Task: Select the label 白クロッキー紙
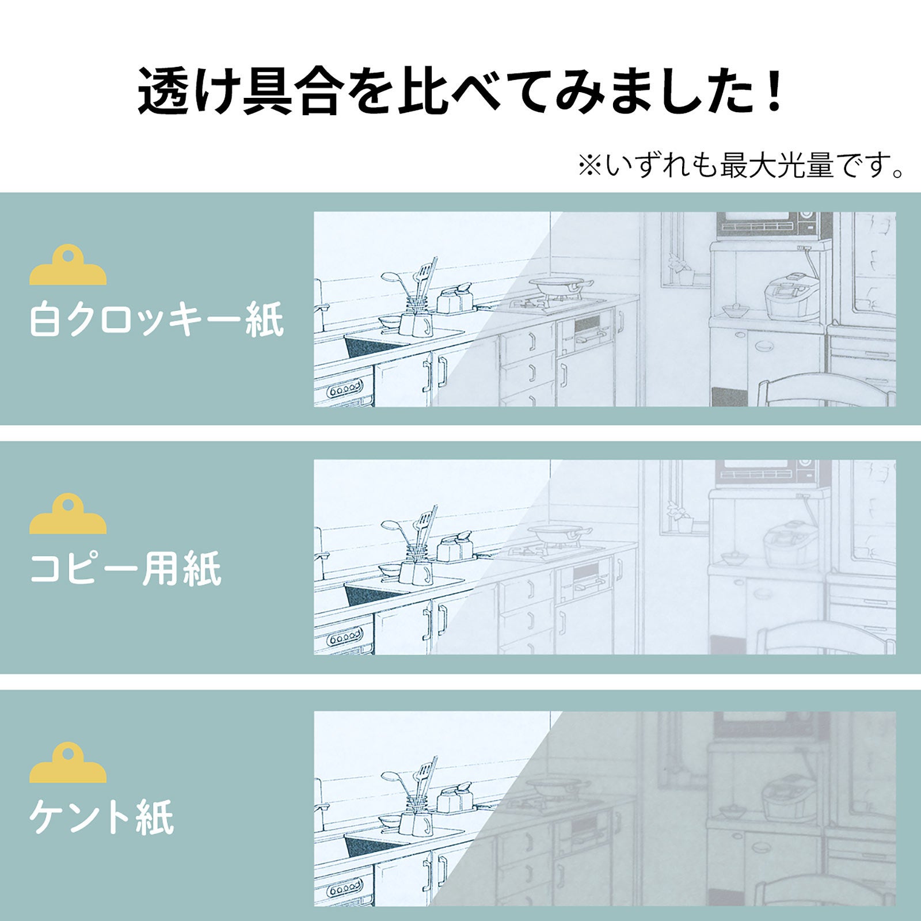[x=157, y=320]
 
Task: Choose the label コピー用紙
[x=125, y=568]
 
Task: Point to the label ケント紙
[x=101, y=817]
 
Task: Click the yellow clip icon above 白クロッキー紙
[x=68, y=266]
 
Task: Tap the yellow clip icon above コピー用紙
[x=68, y=514]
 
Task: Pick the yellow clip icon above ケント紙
[x=68, y=763]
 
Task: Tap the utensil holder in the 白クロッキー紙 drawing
[x=419, y=314]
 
